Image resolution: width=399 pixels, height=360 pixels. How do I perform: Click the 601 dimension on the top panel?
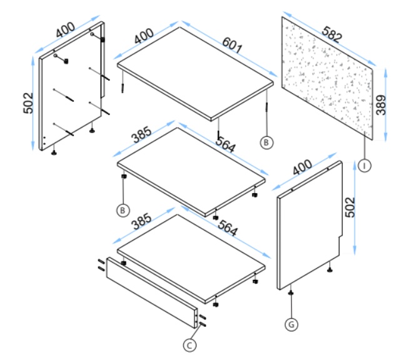pyautogui.click(x=232, y=45)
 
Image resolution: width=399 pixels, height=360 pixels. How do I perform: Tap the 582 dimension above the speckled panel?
pyautogui.click(x=331, y=34)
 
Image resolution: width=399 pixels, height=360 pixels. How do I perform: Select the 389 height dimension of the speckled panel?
pyautogui.click(x=381, y=105)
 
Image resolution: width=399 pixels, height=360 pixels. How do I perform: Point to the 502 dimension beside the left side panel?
pyautogui.click(x=28, y=103)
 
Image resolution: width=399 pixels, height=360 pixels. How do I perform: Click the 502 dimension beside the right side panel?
pyautogui.click(x=350, y=207)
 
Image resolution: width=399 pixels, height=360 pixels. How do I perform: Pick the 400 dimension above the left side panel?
pyautogui.click(x=66, y=30)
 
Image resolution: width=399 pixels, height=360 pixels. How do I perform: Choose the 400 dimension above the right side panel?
pyautogui.click(x=302, y=167)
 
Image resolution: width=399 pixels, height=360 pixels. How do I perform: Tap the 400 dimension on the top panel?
pyautogui.click(x=144, y=36)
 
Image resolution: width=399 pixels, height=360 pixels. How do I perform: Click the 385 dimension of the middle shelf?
pyautogui.click(x=141, y=134)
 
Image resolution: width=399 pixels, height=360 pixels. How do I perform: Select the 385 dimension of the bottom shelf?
pyautogui.click(x=141, y=221)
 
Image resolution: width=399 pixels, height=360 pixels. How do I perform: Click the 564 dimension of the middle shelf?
pyautogui.click(x=226, y=144)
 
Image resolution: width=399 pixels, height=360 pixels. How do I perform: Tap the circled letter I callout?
pyautogui.click(x=365, y=166)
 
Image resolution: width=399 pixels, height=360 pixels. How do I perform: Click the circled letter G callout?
pyautogui.click(x=291, y=324)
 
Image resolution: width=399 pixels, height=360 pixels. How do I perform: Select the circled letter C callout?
pyautogui.click(x=189, y=346)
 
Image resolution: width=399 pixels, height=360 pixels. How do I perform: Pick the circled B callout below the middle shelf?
pyautogui.click(x=123, y=211)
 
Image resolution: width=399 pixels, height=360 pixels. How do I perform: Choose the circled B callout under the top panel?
pyautogui.click(x=266, y=142)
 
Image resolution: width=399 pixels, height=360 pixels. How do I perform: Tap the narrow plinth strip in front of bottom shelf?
pyautogui.click(x=152, y=292)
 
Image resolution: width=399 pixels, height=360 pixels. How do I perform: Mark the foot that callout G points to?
pyautogui.click(x=291, y=293)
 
